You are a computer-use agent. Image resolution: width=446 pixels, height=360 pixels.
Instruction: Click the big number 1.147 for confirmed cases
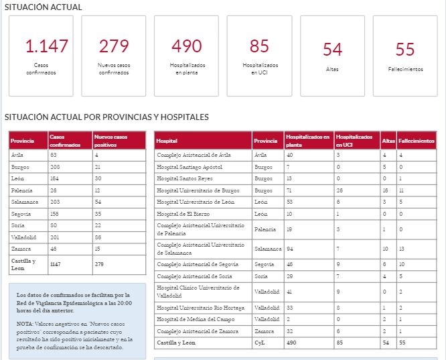pyautogui.click(x=47, y=46)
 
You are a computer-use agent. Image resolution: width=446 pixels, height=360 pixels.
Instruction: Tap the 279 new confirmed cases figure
pyautogui.click(x=114, y=46)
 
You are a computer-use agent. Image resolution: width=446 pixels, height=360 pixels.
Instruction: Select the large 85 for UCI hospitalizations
pyautogui.click(x=259, y=46)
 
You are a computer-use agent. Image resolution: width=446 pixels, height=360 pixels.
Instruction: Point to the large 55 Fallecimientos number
pyautogui.click(x=405, y=50)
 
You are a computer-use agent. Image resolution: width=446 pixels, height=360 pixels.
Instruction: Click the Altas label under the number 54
pyautogui.click(x=332, y=69)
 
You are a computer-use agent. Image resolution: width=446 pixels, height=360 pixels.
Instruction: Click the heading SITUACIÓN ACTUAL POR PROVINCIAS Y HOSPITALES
pyautogui.click(x=106, y=117)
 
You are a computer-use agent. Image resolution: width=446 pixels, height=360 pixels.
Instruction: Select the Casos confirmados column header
pyautogui.click(x=65, y=141)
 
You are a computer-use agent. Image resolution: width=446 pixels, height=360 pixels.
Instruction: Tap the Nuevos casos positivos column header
pyautogui.click(x=110, y=141)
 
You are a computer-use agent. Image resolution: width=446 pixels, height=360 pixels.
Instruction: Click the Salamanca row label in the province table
pyautogui.click(x=25, y=202)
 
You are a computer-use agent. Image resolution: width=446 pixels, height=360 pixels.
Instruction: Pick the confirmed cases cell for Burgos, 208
pyautogui.click(x=55, y=167)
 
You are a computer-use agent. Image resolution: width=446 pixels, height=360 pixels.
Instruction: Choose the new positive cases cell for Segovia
pyautogui.click(x=98, y=214)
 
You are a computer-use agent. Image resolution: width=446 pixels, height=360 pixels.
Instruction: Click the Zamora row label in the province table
pyautogui.click(x=21, y=249)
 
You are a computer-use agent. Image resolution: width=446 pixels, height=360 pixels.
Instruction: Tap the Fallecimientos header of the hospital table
pyautogui.click(x=417, y=141)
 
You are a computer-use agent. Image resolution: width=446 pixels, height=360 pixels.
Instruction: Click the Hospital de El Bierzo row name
pyautogui.click(x=183, y=214)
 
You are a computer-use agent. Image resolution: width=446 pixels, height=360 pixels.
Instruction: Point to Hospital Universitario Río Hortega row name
pyautogui.click(x=200, y=308)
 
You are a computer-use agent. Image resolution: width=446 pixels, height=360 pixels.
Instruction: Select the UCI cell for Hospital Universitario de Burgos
pyautogui.click(x=340, y=190)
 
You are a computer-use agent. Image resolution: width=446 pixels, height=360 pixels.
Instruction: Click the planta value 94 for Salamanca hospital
pyautogui.click(x=290, y=249)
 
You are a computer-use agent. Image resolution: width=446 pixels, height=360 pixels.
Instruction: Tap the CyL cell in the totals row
pyautogui.click(x=259, y=343)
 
